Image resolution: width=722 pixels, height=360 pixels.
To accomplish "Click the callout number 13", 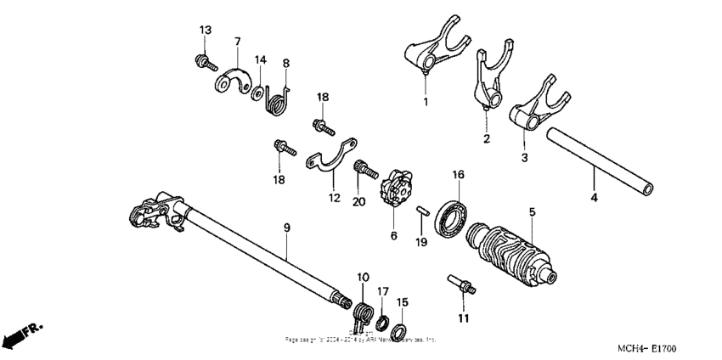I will pos(204,31).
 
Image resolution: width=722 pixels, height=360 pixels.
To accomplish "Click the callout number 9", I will pos(286,228).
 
